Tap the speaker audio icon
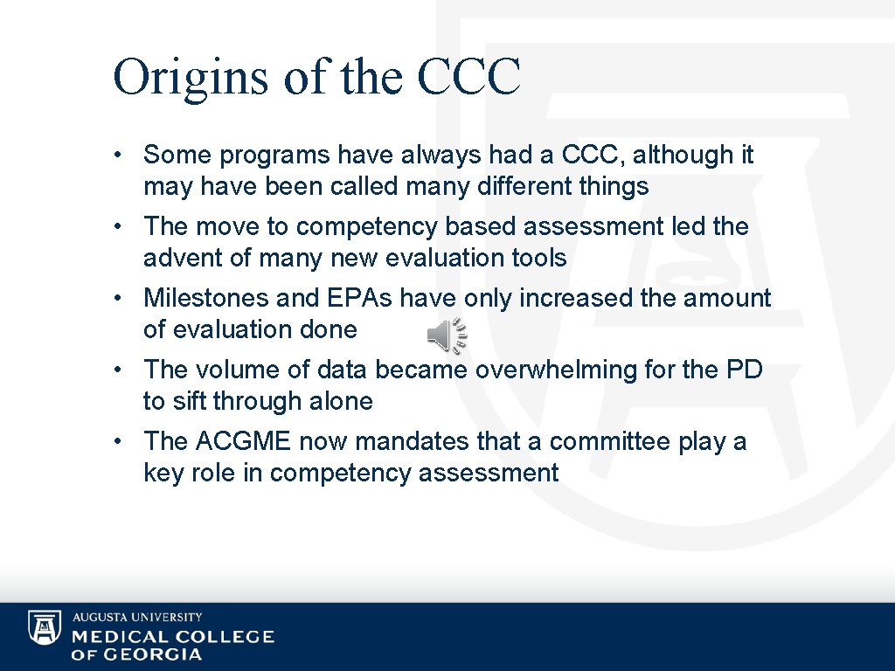(447, 335)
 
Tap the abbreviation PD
(744, 370)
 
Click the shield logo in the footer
(45, 628)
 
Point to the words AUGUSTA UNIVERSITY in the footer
(137, 617)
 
